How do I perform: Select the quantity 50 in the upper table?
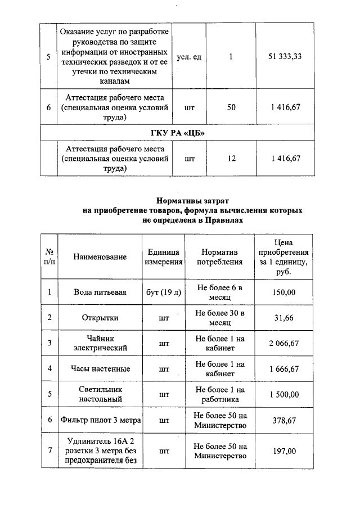(x=231, y=107)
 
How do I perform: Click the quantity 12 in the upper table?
(x=231, y=159)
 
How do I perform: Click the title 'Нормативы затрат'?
(x=193, y=200)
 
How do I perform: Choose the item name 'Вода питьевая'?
(x=100, y=292)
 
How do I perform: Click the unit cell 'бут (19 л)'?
(x=164, y=292)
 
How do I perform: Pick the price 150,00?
(x=284, y=292)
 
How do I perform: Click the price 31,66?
(x=284, y=318)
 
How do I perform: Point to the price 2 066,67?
(x=284, y=343)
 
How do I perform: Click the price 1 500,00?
(x=284, y=394)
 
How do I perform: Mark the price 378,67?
(x=284, y=420)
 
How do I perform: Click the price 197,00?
(x=284, y=451)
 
